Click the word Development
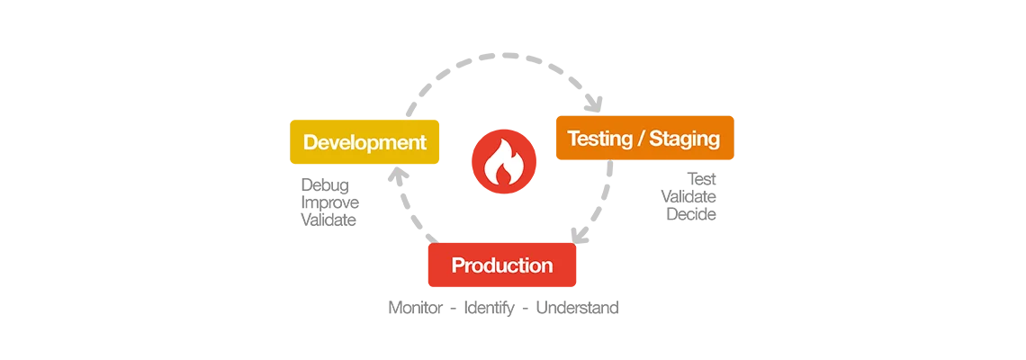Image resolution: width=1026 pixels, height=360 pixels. pyautogui.click(x=364, y=142)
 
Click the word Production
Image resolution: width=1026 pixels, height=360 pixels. pyautogui.click(x=502, y=265)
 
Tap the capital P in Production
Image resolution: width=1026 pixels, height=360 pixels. pyautogui.click(x=457, y=265)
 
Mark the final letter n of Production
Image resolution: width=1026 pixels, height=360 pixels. pyautogui.click(x=547, y=266)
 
